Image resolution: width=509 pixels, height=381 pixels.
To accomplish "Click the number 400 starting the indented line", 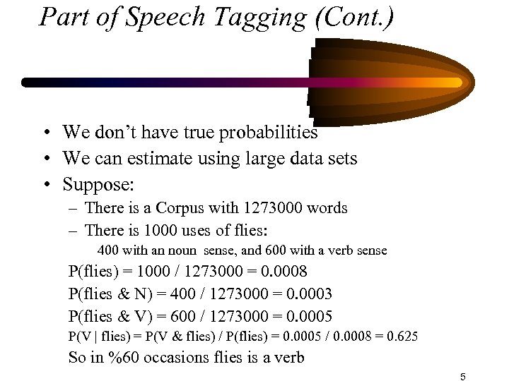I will pos(107,250).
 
